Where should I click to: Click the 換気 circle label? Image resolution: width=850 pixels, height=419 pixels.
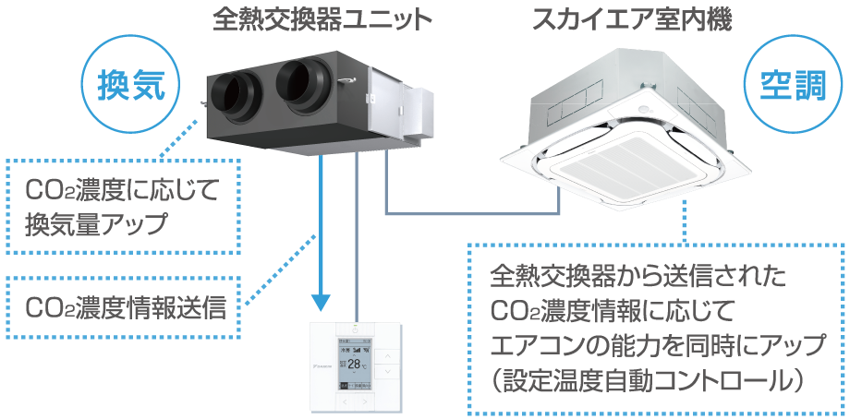137,86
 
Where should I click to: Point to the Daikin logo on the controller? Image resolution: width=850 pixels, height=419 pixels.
322,367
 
